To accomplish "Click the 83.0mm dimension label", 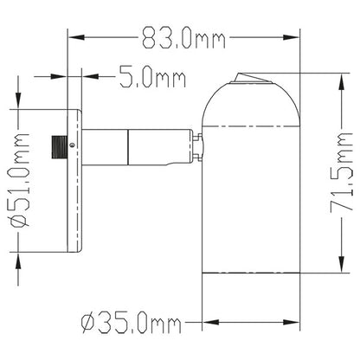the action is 183,37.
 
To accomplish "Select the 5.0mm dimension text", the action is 152,77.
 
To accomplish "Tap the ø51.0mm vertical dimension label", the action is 20,180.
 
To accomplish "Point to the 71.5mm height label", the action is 342,173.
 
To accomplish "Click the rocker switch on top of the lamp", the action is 250,78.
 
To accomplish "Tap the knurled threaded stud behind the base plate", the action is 59,147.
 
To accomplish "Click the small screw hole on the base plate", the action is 72,145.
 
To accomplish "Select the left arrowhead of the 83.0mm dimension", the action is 76,37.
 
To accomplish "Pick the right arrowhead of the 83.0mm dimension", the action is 292,37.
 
